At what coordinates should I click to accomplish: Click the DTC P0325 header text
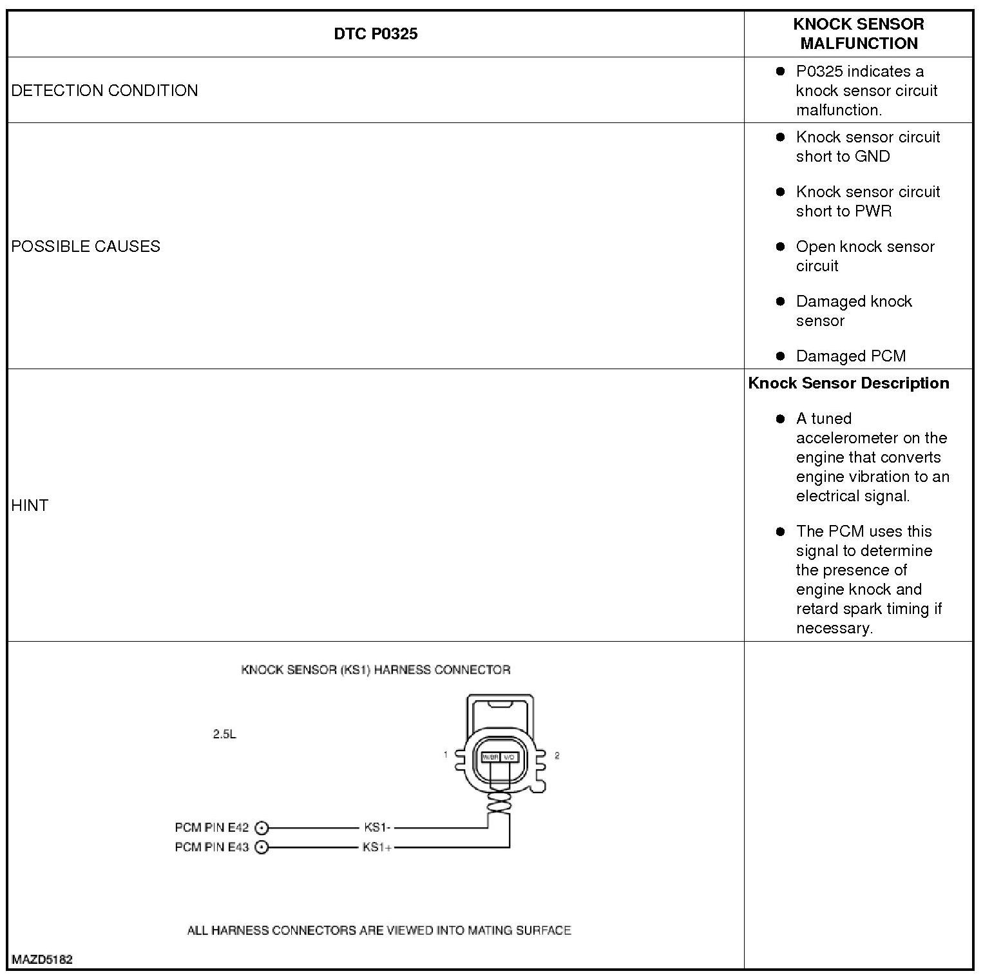(x=376, y=34)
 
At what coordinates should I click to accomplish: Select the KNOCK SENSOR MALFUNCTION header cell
(x=858, y=34)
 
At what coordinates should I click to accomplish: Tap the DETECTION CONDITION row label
(x=104, y=90)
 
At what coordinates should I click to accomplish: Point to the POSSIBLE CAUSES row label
(x=86, y=246)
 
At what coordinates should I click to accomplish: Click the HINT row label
(x=30, y=505)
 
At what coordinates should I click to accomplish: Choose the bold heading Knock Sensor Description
(x=848, y=383)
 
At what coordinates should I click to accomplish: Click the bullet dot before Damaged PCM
(x=781, y=356)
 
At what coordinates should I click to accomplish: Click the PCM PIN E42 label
(x=211, y=828)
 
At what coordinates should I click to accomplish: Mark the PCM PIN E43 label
(x=211, y=847)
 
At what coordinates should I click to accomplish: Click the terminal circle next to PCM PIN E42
(x=262, y=828)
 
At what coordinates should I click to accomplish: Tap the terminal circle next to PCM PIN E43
(x=262, y=847)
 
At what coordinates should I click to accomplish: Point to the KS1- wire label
(x=377, y=828)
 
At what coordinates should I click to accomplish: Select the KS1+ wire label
(x=377, y=847)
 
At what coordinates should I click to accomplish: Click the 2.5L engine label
(x=224, y=734)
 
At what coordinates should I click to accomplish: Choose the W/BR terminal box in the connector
(x=491, y=757)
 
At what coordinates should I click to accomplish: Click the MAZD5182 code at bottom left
(x=42, y=959)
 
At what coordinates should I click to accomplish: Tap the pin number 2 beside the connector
(x=557, y=755)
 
